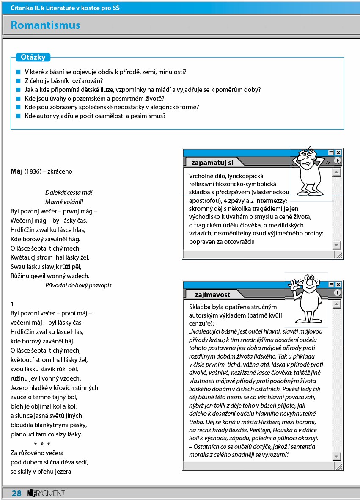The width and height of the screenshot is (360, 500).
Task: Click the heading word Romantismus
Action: point(45,25)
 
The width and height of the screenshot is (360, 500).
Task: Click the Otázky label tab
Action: point(33,57)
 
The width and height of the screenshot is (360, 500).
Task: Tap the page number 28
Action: point(16,493)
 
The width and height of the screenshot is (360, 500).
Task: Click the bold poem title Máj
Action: point(16,171)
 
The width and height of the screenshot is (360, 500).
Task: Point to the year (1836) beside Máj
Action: point(33,172)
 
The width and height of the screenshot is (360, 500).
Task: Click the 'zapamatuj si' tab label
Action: point(212,162)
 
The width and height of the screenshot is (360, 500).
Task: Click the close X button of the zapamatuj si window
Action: point(338,152)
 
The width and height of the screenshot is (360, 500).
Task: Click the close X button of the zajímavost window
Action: point(338,285)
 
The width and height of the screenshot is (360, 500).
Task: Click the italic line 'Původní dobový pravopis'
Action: point(78,285)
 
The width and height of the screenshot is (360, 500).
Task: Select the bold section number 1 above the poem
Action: point(13,304)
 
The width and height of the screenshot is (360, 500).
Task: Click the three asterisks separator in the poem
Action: point(42,444)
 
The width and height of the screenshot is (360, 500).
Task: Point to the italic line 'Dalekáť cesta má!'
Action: point(69,193)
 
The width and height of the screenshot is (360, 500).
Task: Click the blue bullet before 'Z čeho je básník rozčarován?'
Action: point(18,81)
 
